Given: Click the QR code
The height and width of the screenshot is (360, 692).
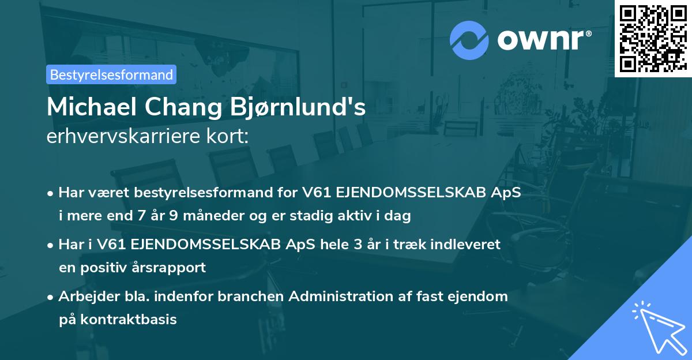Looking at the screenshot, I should pyautogui.click(x=653, y=39).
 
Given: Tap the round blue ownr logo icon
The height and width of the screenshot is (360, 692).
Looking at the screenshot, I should pyautogui.click(x=470, y=40).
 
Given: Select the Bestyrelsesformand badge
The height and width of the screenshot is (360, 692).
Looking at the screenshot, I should pyautogui.click(x=111, y=74).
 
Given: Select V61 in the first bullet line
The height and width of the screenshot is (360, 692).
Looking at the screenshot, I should pyautogui.click(x=314, y=192).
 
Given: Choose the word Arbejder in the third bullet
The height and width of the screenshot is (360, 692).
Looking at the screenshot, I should pyautogui.click(x=84, y=297).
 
